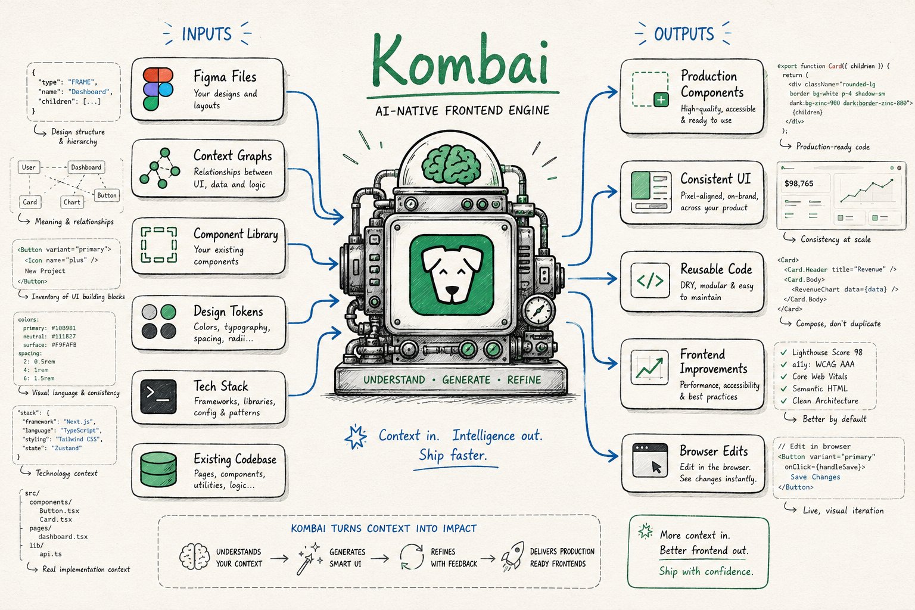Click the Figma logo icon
[x=158, y=89]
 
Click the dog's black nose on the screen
[x=452, y=291]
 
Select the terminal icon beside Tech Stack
[x=158, y=396]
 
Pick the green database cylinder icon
[x=158, y=469]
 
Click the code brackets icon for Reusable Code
[x=650, y=281]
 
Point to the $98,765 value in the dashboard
[x=799, y=183]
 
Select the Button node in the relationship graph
[x=107, y=195]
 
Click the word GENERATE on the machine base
[x=466, y=380]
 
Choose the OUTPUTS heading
[x=684, y=34]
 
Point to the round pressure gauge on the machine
[x=539, y=310]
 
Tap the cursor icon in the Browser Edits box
[x=656, y=467]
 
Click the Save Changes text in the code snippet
[x=815, y=477]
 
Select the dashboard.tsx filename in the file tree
[x=63, y=537]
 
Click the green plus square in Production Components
[x=661, y=99]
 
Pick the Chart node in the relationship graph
[x=72, y=202]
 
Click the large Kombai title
[x=460, y=61]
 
